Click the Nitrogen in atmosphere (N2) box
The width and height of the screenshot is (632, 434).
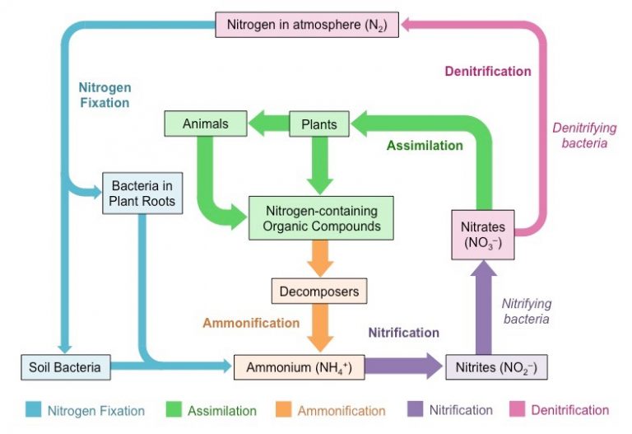(307, 24)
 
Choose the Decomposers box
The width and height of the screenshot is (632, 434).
(318, 291)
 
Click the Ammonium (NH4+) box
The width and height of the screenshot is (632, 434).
(299, 366)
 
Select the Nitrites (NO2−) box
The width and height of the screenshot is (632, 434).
(495, 366)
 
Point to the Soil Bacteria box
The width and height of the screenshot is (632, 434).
(66, 366)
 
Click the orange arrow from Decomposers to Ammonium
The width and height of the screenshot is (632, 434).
(318, 330)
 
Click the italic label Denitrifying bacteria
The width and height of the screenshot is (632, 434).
(579, 135)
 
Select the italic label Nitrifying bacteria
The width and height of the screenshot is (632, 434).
(527, 310)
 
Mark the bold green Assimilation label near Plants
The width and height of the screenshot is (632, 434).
(425, 145)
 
